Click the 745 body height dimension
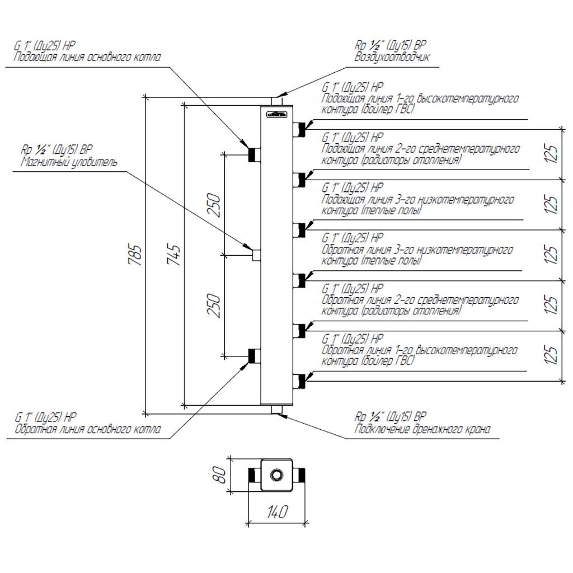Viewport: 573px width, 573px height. (x=175, y=255)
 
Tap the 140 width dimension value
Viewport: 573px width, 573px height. (x=278, y=511)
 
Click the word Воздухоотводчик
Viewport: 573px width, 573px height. (x=392, y=57)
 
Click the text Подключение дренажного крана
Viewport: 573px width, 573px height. (x=422, y=430)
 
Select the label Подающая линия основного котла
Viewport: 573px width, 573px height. (x=87, y=57)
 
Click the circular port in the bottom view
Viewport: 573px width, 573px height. (x=277, y=476)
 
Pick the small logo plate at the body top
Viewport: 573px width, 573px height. (x=276, y=115)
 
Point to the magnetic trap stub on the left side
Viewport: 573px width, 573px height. (x=256, y=255)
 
